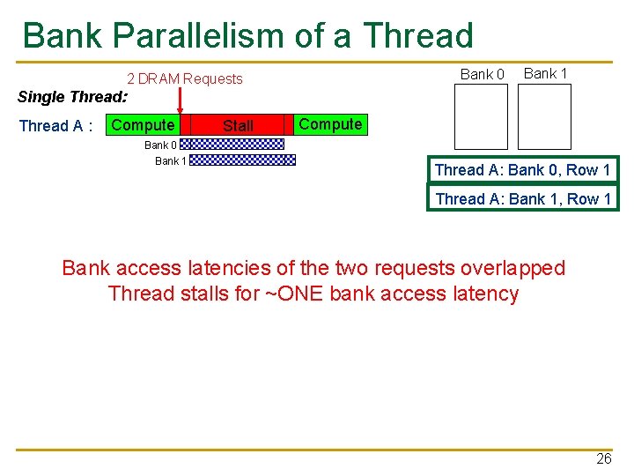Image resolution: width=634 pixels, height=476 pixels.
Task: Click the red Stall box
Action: coord(238,126)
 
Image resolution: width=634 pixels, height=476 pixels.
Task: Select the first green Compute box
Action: coord(143,126)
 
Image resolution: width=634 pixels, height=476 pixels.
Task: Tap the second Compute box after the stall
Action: coord(330,124)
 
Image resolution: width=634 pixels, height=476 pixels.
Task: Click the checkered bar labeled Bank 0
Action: coord(236,144)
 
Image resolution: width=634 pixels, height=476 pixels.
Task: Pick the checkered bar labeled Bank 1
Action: coord(243,160)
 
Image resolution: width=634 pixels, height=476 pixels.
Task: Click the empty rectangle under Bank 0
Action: coord(481,116)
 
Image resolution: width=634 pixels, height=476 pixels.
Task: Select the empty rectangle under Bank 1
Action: coord(544,116)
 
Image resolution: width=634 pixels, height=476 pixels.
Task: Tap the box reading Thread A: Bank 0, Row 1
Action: coord(522,170)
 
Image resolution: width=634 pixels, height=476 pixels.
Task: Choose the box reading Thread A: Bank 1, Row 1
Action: coord(522,199)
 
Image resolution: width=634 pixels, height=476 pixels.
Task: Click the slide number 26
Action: coord(603,458)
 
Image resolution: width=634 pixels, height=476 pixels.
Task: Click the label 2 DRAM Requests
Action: coord(185,79)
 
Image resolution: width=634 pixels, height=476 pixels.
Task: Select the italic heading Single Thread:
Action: coord(73,97)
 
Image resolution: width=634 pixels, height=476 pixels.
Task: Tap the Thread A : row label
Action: coord(56,126)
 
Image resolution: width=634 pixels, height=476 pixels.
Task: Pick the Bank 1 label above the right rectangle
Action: coord(546,74)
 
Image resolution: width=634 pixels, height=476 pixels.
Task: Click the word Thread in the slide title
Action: coord(418,36)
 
